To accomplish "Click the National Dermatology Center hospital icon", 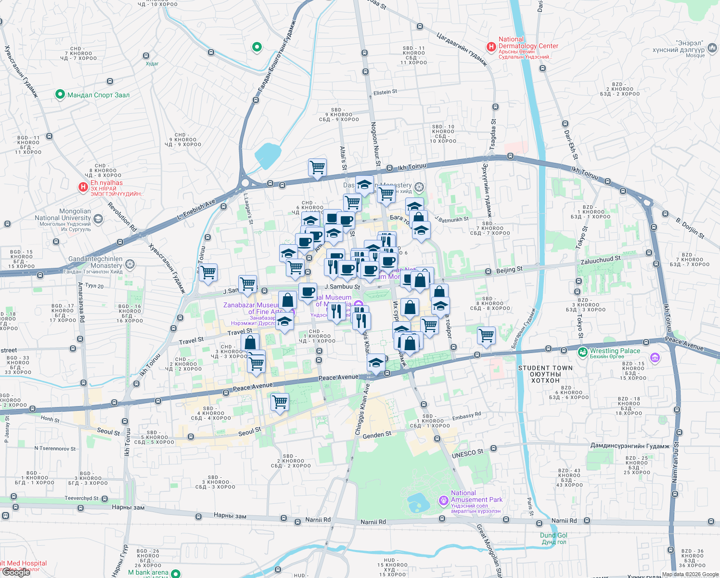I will tap(491, 47).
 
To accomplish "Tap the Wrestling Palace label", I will tap(615, 351).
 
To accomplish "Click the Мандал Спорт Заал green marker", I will tap(60, 94).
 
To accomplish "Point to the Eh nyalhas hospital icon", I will tap(83, 187).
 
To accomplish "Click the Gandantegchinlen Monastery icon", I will tap(130, 264).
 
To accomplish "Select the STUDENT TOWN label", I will tap(545, 374).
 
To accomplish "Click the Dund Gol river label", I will tap(553, 535).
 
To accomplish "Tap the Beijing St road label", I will tap(509, 270).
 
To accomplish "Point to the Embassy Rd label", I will tap(466, 415).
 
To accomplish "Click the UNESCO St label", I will tap(467, 453).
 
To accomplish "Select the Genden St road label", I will tap(377, 435).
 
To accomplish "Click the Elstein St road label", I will tap(385, 92).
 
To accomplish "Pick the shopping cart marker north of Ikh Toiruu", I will tap(317, 168).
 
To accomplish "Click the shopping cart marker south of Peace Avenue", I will tap(280, 402).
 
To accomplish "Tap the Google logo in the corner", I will tap(16, 572).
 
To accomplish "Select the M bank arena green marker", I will tap(176, 573).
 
